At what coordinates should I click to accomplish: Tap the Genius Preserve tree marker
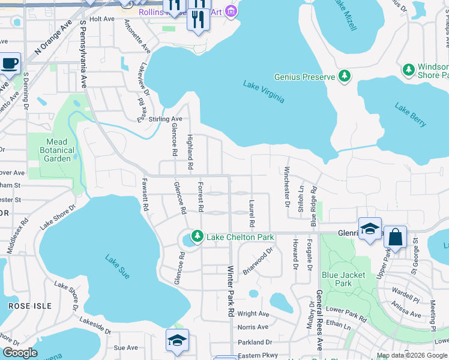coord(345,76)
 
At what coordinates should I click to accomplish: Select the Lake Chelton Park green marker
coord(196,237)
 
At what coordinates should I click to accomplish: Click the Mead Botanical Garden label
coord(58,150)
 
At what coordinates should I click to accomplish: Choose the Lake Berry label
coord(411,115)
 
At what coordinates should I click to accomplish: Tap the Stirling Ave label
coord(165,119)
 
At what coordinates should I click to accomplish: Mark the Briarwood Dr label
coord(258,263)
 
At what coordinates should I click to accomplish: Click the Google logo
coord(19,353)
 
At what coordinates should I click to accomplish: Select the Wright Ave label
coord(253,314)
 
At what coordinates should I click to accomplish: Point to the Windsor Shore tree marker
coord(409,70)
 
